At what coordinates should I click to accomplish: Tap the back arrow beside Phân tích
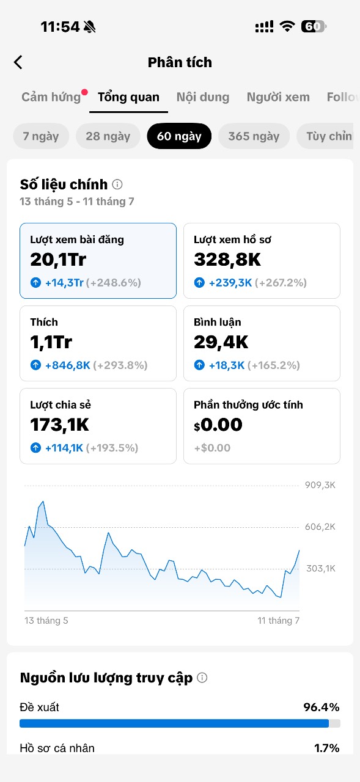[x=18, y=62]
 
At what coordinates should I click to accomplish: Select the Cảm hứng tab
[x=51, y=97]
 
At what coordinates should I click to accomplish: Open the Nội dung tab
[x=203, y=97]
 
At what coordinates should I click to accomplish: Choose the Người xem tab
[x=278, y=97]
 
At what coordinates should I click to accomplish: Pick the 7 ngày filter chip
[x=41, y=136]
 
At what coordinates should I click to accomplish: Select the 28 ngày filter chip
[x=108, y=136]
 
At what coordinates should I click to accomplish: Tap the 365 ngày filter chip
[x=254, y=136]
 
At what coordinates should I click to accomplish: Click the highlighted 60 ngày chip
[x=179, y=136]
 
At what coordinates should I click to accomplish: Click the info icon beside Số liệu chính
[x=117, y=185]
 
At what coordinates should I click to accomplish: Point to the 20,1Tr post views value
[x=58, y=260]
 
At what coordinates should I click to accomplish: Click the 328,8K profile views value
[x=227, y=260]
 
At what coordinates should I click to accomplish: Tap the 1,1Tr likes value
[x=51, y=342]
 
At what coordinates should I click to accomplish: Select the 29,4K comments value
[x=221, y=342]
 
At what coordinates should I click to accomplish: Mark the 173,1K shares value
[x=60, y=425]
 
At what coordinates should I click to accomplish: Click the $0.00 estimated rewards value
[x=218, y=425]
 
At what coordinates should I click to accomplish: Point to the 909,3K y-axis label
[x=320, y=485]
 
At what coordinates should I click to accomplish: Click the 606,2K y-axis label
[x=320, y=527]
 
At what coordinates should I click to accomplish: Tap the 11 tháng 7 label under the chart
[x=278, y=621]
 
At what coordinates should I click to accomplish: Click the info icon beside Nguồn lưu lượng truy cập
[x=202, y=678]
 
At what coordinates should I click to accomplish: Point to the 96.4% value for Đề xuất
[x=321, y=707]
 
